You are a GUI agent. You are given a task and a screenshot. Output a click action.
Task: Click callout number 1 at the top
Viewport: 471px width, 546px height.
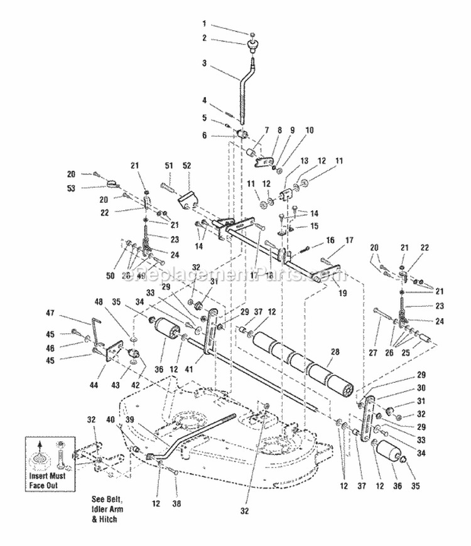pyautogui.click(x=204, y=23)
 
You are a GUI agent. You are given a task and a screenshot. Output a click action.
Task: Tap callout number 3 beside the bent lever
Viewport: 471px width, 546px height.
pyautogui.click(x=204, y=63)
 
